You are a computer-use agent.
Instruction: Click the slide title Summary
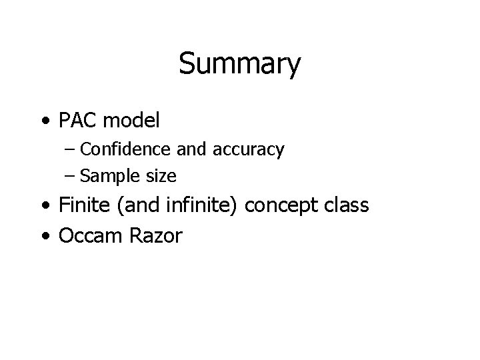coord(240,65)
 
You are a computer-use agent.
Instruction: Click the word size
coord(161,176)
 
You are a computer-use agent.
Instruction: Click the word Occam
coord(88,235)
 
